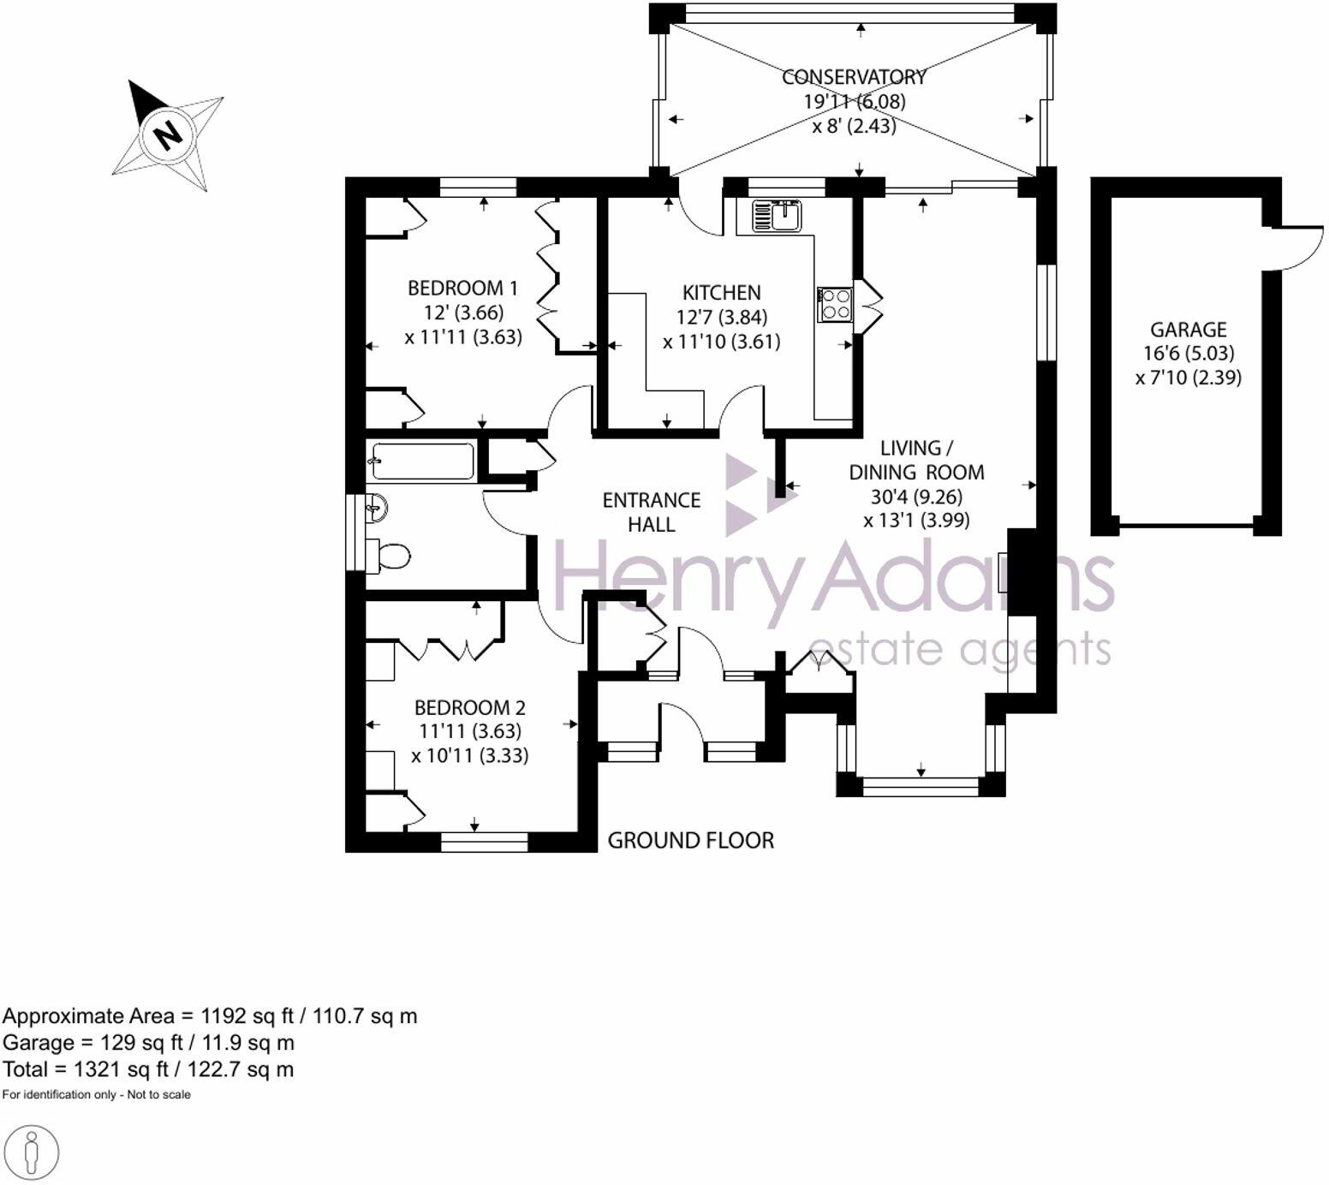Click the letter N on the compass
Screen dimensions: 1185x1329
[x=168, y=134]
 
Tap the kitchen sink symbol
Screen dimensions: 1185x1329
[x=776, y=216]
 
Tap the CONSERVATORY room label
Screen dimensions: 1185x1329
[x=854, y=77]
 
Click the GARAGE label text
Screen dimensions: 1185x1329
[x=1188, y=330]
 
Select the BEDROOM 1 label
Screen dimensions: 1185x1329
[x=462, y=288]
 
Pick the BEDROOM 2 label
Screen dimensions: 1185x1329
[x=469, y=708]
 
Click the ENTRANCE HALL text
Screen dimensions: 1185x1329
[x=651, y=512]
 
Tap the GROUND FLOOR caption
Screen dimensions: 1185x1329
[x=690, y=841]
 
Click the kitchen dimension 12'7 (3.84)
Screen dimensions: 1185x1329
[x=721, y=318]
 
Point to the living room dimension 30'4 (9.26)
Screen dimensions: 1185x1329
[x=916, y=497]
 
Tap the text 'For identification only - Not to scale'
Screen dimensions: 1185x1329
[x=97, y=1094]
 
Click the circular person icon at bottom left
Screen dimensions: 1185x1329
[x=32, y=1152]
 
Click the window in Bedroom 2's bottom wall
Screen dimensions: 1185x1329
[x=484, y=843]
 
